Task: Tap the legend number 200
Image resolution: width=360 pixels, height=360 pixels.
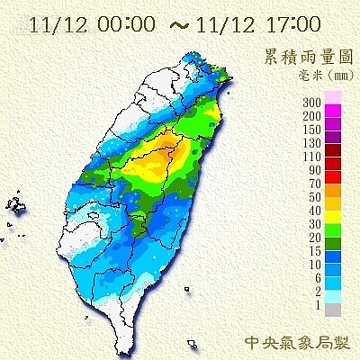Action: [x=315, y=116]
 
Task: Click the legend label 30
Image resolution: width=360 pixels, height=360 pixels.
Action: [x=317, y=224]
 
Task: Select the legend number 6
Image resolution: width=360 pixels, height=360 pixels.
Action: [x=319, y=278]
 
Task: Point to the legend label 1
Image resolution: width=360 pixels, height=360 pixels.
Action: [x=319, y=305]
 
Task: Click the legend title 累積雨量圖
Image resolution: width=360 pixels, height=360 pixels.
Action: [x=307, y=57]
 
